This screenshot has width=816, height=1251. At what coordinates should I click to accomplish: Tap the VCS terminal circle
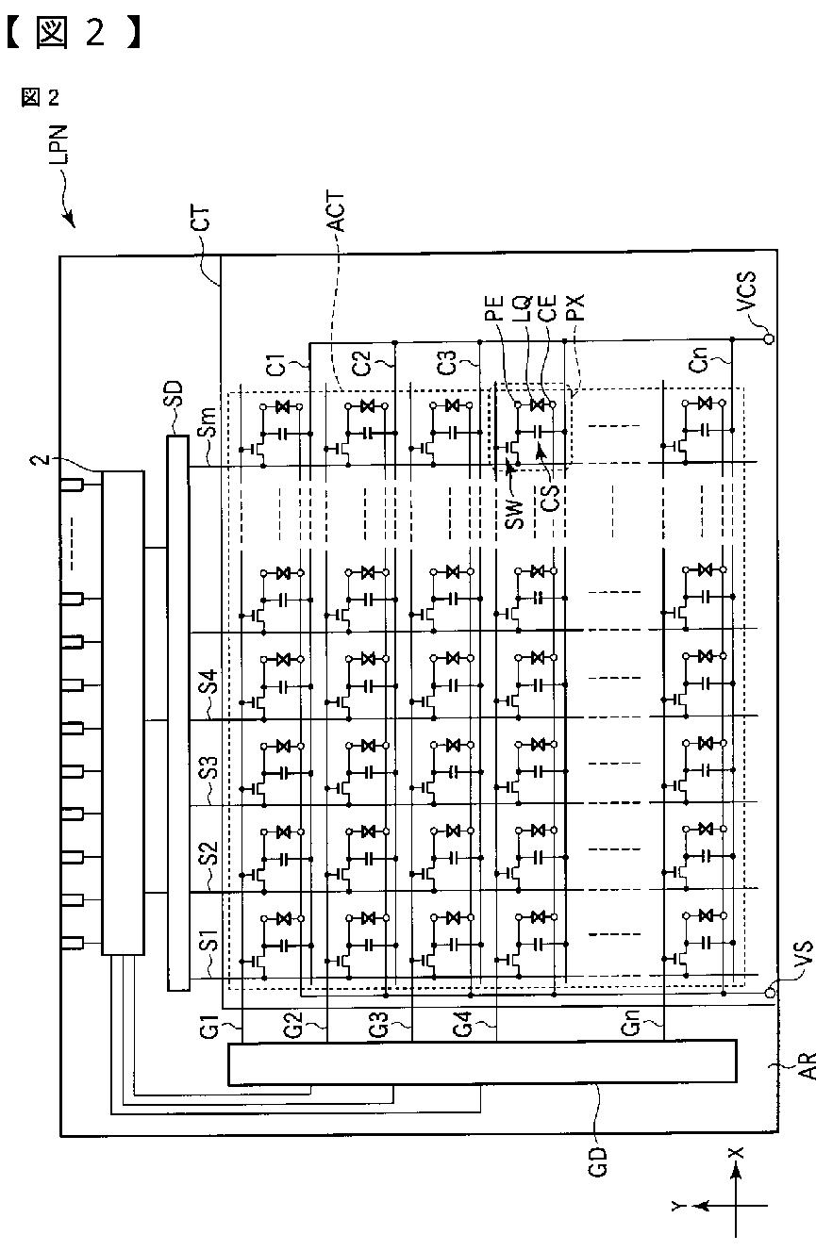[x=770, y=338]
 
